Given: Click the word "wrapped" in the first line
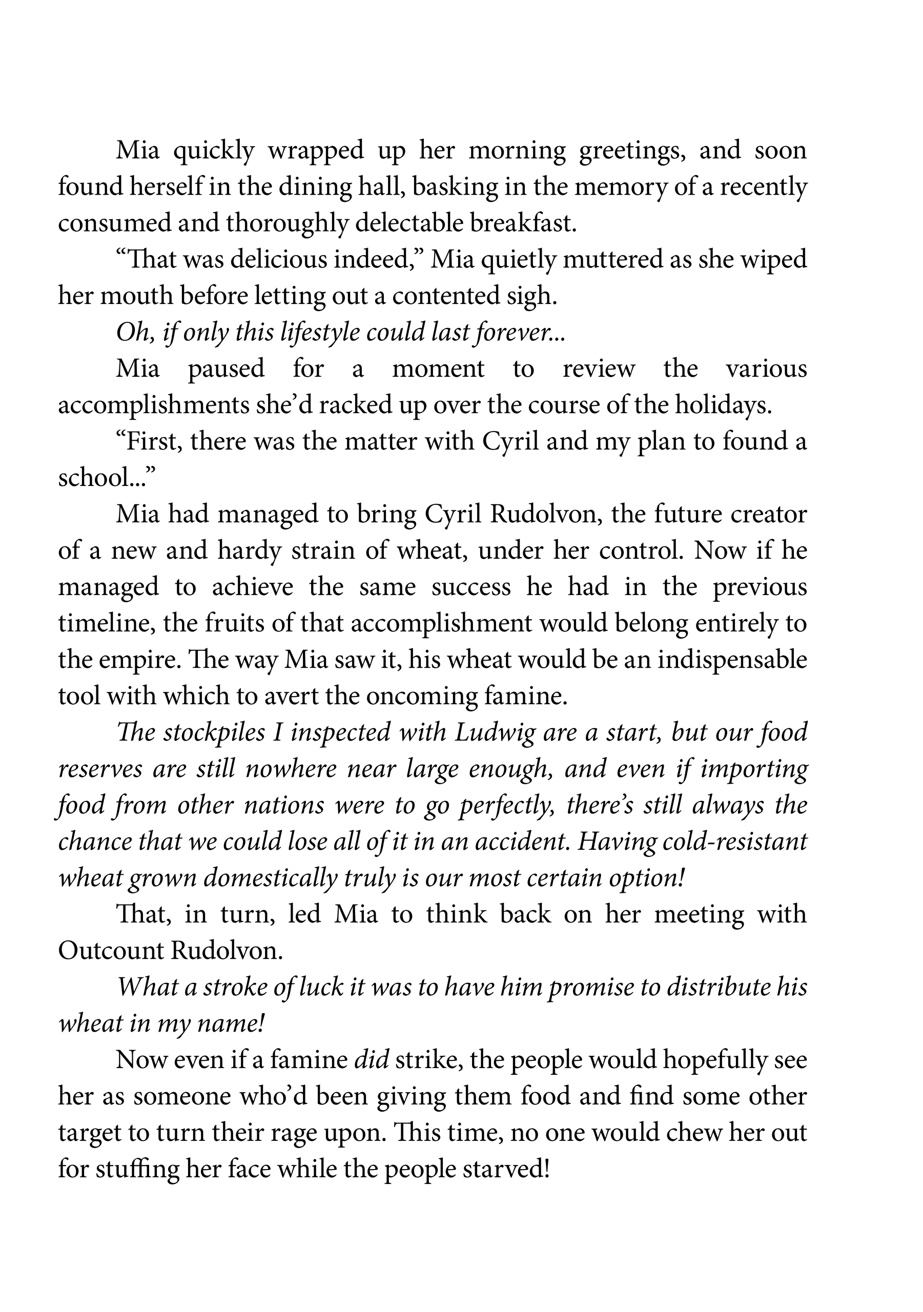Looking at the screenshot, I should [316, 151].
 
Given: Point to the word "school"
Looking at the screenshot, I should [95, 478].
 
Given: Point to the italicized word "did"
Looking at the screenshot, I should [372, 1060].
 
